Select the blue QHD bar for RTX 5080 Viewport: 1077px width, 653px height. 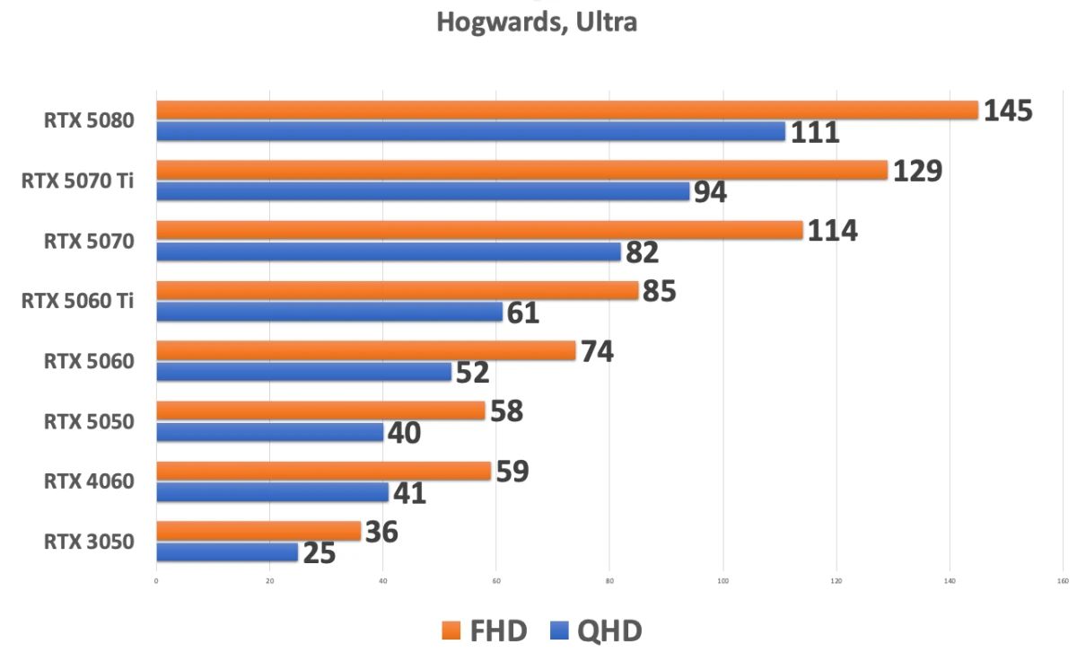click(471, 131)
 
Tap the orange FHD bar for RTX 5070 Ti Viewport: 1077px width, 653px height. click(521, 170)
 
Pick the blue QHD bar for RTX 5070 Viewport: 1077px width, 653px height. click(389, 251)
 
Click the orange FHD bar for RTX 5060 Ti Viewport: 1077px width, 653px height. click(397, 290)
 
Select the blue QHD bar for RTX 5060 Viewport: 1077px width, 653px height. click(303, 372)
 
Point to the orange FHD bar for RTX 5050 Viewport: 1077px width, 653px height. click(320, 410)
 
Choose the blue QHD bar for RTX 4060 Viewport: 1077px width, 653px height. click(272, 492)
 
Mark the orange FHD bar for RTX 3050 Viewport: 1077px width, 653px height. click(258, 531)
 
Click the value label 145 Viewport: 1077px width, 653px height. click(1008, 110)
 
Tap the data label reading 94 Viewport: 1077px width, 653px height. click(710, 192)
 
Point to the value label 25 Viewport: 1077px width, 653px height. click(319, 553)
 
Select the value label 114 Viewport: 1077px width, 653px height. click(832, 231)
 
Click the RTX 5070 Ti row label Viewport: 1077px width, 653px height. click(78, 181)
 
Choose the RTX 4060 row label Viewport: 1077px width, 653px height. click(89, 481)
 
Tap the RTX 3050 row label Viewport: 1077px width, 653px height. click(89, 542)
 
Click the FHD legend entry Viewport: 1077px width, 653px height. click(485, 631)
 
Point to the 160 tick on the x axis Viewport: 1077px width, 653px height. click(1063, 581)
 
